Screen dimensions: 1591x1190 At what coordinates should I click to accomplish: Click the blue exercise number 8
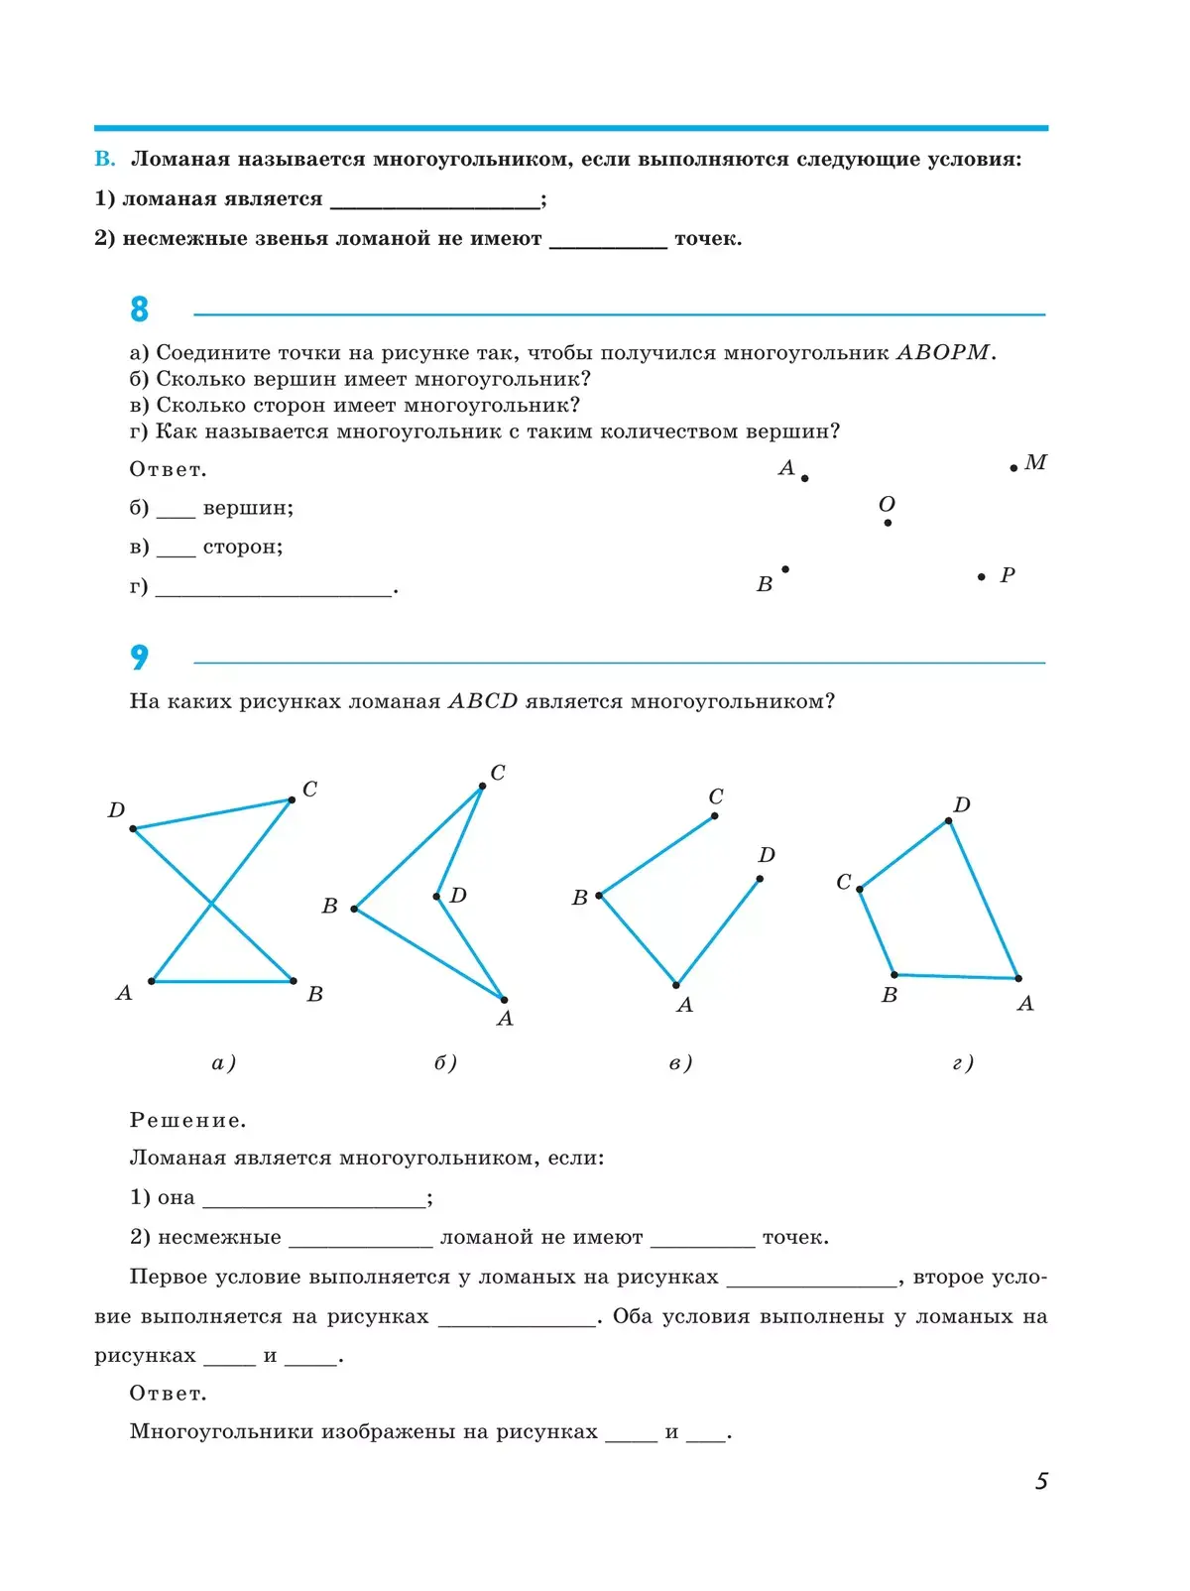coord(139,309)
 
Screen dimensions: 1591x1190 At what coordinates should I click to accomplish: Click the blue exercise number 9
coord(139,657)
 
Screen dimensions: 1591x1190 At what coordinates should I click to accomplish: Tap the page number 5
coord(1041,1481)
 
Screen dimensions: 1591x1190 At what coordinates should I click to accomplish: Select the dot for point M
coord(1013,468)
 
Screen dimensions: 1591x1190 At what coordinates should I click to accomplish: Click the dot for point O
coord(888,523)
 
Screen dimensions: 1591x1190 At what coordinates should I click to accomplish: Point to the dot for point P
coord(982,577)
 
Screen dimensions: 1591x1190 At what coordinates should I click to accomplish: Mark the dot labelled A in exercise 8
coord(804,479)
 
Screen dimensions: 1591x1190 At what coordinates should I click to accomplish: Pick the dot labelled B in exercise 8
coord(785,569)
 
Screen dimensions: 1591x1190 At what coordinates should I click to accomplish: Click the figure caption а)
coord(223,1063)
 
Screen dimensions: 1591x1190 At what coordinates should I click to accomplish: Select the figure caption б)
coord(445,1063)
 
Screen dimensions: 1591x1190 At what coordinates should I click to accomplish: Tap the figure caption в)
coord(680,1063)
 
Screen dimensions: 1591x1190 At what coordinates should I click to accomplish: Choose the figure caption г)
coord(963,1063)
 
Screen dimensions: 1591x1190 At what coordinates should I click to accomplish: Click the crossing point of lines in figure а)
coord(211,904)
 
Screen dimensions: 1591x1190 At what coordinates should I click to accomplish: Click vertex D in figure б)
coord(437,897)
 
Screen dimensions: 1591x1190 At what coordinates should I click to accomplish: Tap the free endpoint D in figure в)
coord(760,879)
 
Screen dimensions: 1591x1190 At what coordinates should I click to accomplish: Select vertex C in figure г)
coord(860,889)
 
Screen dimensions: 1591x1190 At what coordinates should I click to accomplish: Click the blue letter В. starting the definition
coord(105,160)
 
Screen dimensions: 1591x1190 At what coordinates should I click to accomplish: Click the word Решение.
coord(187,1121)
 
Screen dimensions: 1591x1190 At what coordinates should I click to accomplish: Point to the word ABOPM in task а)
coord(943,353)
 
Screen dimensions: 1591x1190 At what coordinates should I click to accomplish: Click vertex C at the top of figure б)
coord(482,787)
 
